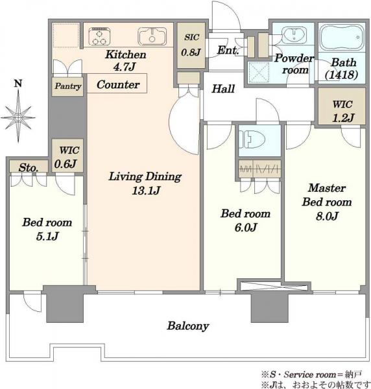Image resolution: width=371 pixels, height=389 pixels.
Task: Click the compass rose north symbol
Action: pos(18,112)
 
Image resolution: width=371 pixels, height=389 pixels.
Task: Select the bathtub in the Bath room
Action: pos(342,37)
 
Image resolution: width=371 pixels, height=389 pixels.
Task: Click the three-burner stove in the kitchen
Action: pos(99,36)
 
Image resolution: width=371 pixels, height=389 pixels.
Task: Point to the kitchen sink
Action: pos(152,36)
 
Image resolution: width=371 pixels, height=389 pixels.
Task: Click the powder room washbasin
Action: pos(294,36)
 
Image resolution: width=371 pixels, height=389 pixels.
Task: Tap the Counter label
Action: pos(118,84)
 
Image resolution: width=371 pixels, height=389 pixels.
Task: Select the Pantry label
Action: pos(68,86)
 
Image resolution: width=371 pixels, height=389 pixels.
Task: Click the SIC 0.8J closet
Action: pos(191,45)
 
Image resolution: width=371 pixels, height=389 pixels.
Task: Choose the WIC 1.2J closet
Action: pos(341,106)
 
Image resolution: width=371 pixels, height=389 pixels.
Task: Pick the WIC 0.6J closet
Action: pos(67,156)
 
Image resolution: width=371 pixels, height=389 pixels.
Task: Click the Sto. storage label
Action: pos(29,168)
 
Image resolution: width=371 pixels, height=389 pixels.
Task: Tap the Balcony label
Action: pos(188,325)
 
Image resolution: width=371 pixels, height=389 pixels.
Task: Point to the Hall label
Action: pos(223,89)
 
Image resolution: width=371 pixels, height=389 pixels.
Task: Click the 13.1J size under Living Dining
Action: pos(146,191)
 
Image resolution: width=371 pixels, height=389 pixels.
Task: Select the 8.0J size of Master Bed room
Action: pos(327,216)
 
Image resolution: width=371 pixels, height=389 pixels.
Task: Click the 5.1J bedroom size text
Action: pos(47,236)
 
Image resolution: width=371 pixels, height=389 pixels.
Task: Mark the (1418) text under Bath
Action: pos(341,74)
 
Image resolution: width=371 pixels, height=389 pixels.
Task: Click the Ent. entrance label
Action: pos(228,50)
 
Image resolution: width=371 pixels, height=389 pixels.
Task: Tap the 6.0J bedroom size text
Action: pos(246,228)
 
